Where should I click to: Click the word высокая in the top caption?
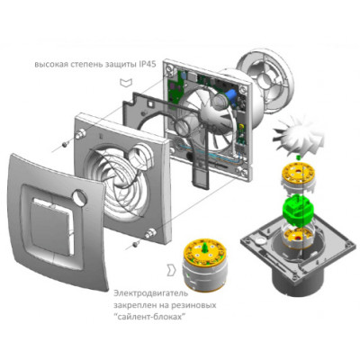coord(55,66)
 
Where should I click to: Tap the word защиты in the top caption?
coord(119,66)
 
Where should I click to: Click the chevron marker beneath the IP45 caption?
coord(122,83)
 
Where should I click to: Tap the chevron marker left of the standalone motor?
coord(170,267)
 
